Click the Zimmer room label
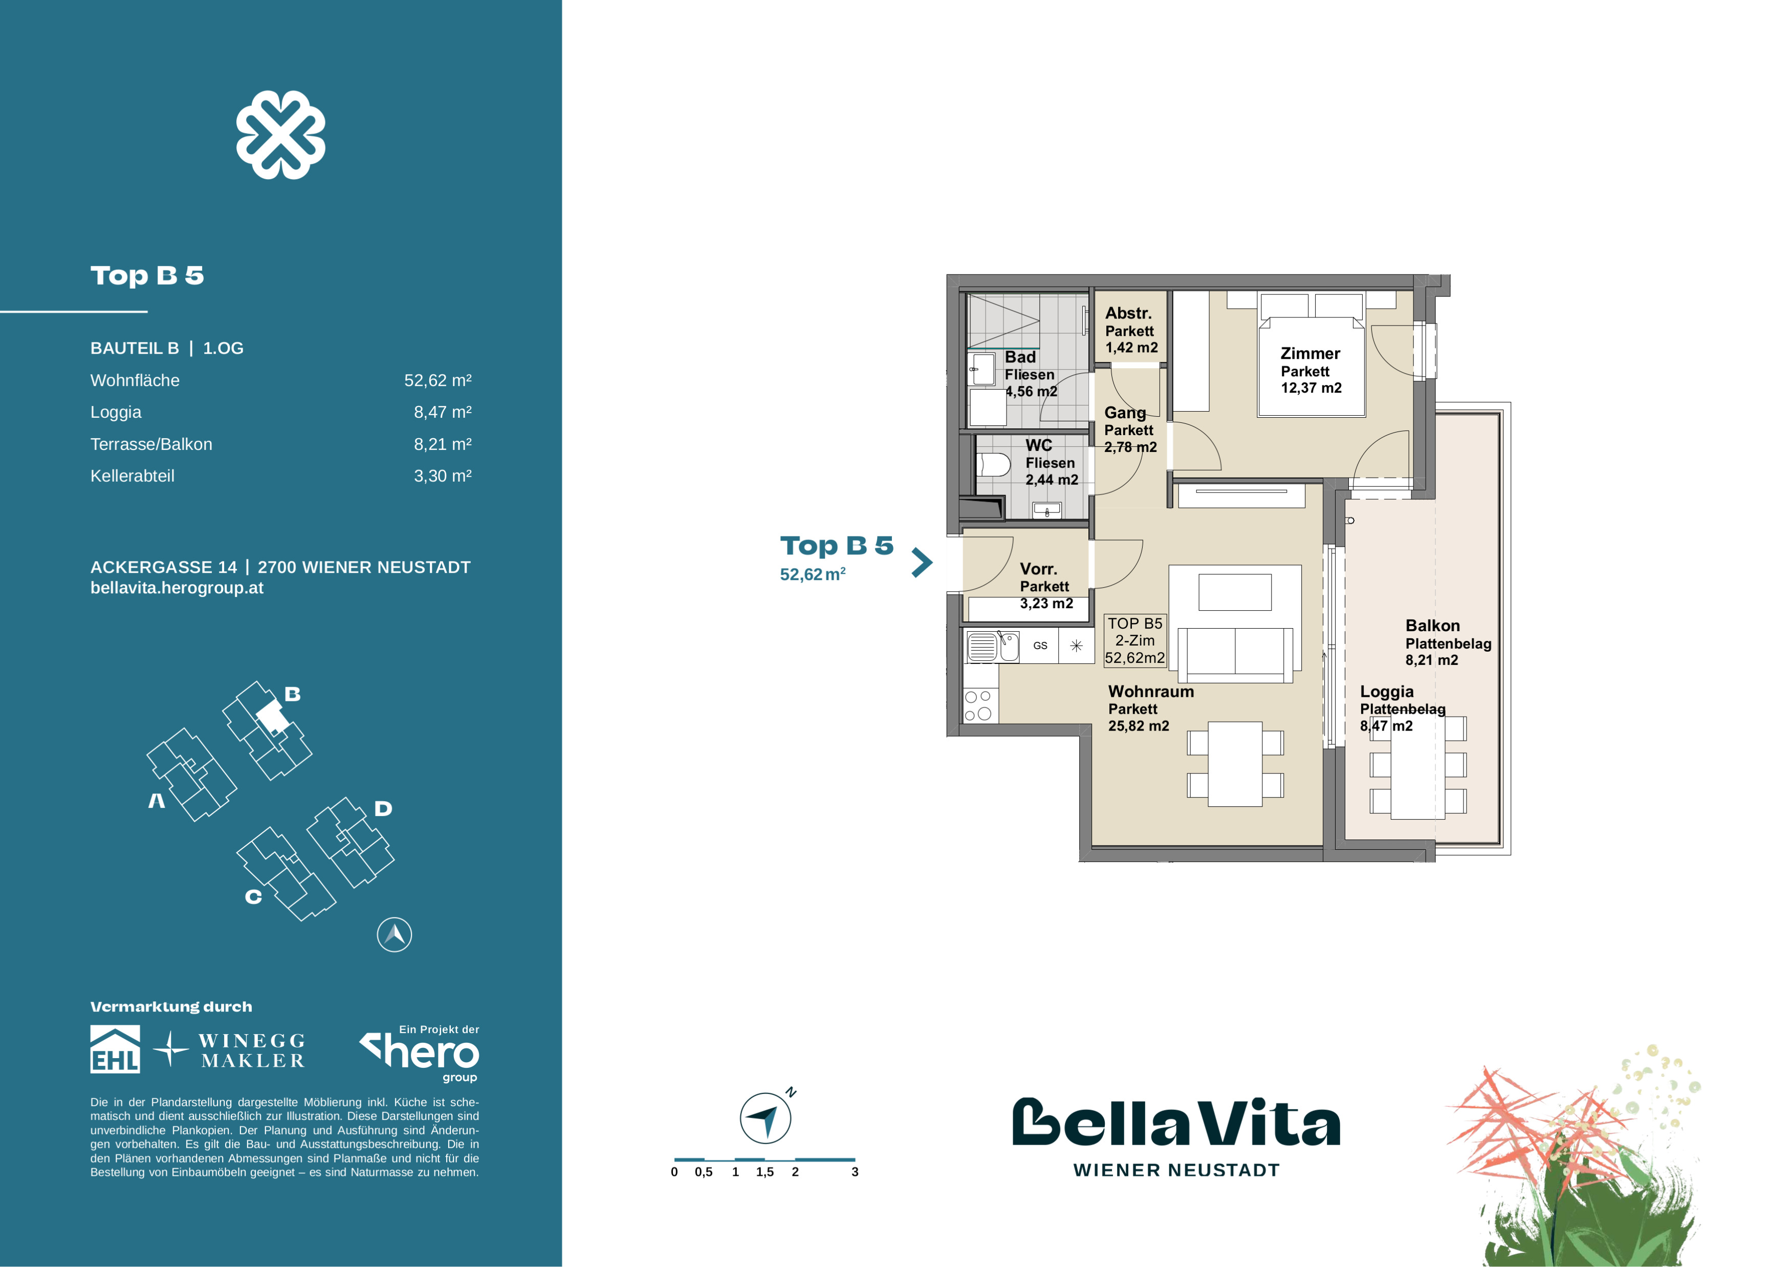click(1311, 353)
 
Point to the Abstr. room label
click(1128, 313)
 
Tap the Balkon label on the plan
click(1432, 626)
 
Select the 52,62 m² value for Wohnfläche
click(438, 381)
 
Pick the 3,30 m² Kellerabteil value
click(442, 476)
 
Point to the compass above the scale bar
click(765, 1118)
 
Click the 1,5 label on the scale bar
click(765, 1172)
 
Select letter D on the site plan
click(383, 808)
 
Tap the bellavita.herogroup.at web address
click(177, 588)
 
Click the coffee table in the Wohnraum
click(1235, 592)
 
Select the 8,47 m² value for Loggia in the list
click(442, 412)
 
